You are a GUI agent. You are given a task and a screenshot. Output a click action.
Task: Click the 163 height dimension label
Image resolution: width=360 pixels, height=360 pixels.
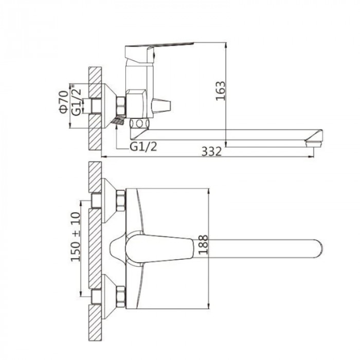coord(221,91)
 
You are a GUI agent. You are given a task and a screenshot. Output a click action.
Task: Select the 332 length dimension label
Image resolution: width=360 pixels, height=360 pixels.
coord(212,151)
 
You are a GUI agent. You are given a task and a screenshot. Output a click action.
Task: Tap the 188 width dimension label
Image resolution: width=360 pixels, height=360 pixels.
coord(203,244)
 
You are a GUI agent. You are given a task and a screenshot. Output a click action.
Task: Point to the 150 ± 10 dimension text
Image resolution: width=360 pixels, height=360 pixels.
coord(76,237)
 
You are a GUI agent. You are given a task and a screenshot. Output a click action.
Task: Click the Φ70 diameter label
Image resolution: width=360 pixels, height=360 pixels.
coord(64,102)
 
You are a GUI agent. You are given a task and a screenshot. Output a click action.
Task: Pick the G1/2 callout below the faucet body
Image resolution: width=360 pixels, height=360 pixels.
coord(143,146)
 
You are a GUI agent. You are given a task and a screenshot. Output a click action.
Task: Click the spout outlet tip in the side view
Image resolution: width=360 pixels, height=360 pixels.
coord(314,144)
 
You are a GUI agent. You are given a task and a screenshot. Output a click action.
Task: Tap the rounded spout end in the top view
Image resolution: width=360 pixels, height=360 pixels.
coord(318,248)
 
